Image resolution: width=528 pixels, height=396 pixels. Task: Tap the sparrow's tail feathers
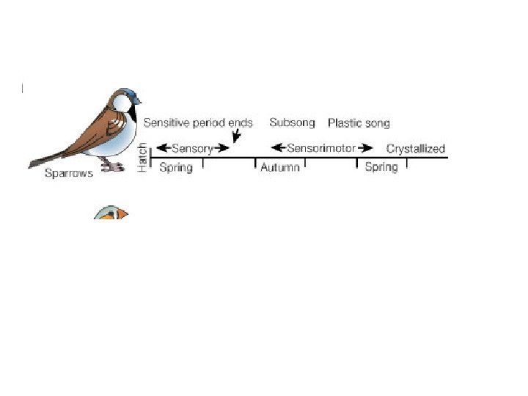48,158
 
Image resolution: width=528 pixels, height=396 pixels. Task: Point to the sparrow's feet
112,166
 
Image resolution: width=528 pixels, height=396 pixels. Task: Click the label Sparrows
69,174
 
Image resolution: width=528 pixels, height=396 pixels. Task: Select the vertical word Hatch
142,158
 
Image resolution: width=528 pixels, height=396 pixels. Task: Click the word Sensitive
168,122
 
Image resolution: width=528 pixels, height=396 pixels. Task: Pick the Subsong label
292,122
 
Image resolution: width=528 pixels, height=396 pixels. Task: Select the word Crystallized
416,149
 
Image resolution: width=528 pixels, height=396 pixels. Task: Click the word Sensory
192,148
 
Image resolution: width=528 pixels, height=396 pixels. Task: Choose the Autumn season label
280,168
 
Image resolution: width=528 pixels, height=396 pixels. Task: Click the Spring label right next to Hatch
176,168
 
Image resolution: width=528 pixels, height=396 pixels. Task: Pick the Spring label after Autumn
381,167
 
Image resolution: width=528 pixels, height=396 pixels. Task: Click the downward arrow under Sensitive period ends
235,137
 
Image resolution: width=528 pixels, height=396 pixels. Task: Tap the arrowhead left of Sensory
162,148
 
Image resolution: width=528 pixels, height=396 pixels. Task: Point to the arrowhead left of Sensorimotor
277,148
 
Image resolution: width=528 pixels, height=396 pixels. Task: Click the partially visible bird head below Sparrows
111,213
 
